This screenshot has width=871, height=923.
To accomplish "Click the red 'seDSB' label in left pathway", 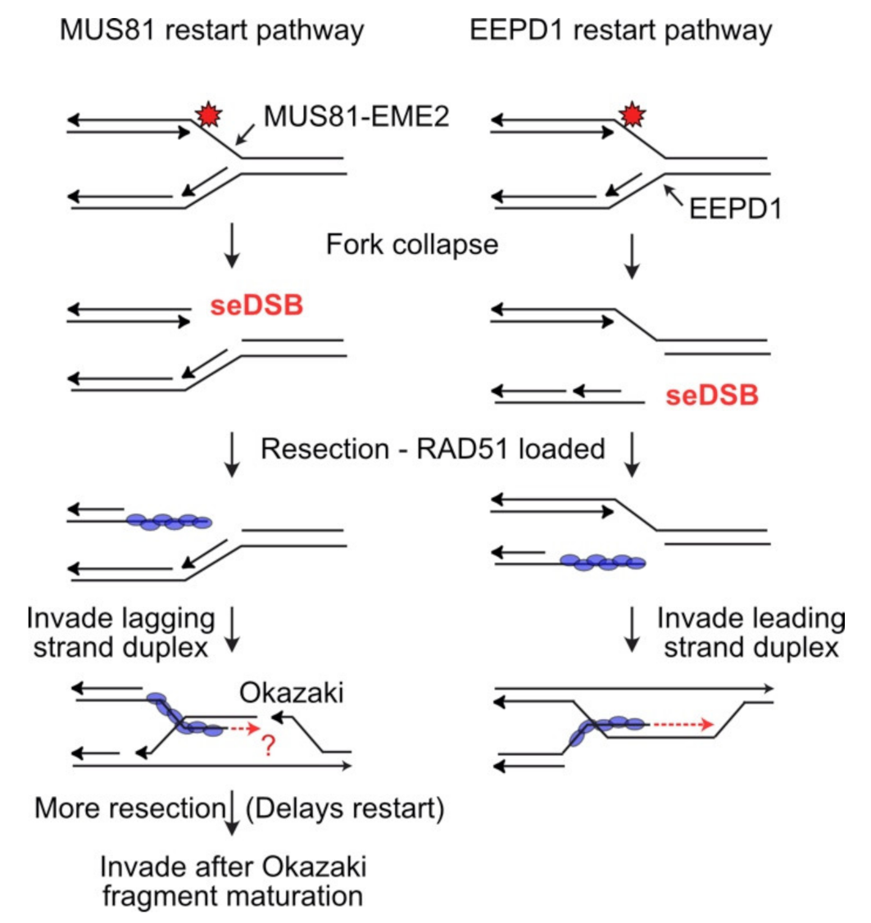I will [256, 306].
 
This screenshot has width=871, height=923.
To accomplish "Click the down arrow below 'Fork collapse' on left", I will [234, 255].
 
